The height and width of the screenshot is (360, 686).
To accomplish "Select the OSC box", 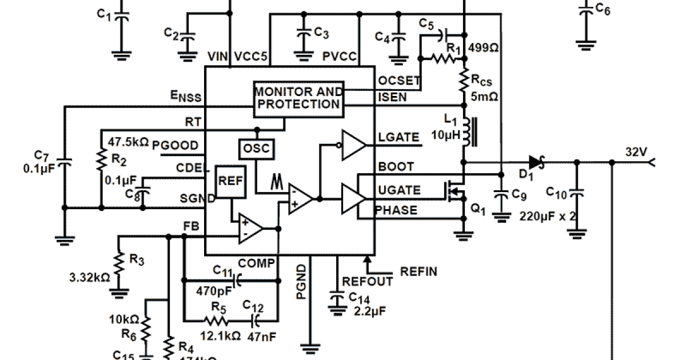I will (256, 149).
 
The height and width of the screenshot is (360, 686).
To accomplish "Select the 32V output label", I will (635, 153).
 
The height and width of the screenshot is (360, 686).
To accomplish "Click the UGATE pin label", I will (399, 190).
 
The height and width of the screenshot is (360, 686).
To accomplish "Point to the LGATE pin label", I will (398, 137).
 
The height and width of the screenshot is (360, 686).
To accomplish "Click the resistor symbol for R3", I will (118, 265).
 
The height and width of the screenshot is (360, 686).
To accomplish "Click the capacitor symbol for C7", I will (65, 165).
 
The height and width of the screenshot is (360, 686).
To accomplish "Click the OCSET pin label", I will (399, 81).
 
